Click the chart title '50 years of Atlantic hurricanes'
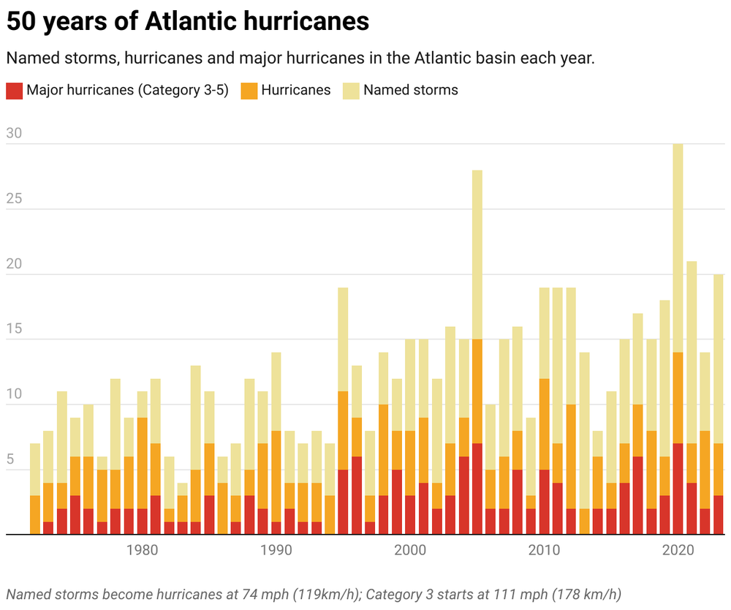pyautogui.click(x=187, y=22)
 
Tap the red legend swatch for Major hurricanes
pyautogui.click(x=14, y=91)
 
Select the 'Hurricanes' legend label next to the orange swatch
pyautogui.click(x=295, y=91)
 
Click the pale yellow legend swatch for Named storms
pyautogui.click(x=351, y=91)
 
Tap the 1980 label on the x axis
pyautogui.click(x=142, y=551)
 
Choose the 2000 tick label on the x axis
pyautogui.click(x=410, y=551)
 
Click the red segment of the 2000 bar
pyautogui.click(x=410, y=515)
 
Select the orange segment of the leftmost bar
pyautogui.click(x=34, y=515)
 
